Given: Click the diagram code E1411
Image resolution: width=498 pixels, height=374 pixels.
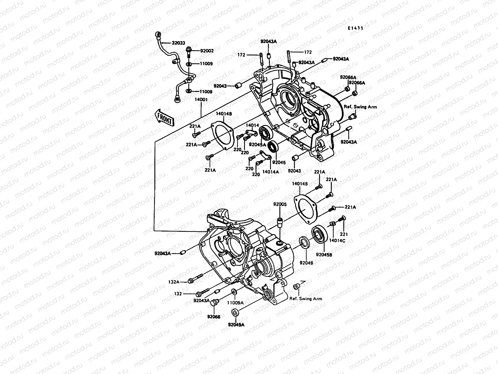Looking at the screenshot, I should [x=356, y=28].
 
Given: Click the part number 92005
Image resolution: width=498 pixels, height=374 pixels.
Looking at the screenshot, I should [x=280, y=204].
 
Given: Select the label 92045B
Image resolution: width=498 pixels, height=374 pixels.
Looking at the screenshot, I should [x=324, y=254].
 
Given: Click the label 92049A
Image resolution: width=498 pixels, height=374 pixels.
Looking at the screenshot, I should [x=236, y=324].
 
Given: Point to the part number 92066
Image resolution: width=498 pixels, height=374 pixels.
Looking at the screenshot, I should [x=214, y=317].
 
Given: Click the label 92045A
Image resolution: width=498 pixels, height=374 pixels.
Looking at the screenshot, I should [x=257, y=145].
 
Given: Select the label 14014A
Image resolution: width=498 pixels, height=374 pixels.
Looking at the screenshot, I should [x=270, y=172].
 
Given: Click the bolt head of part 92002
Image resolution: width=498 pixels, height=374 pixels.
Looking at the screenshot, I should [x=188, y=50].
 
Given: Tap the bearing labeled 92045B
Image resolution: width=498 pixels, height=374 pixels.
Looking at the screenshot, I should [x=319, y=234].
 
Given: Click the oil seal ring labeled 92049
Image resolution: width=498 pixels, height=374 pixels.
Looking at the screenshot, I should [x=304, y=242].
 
